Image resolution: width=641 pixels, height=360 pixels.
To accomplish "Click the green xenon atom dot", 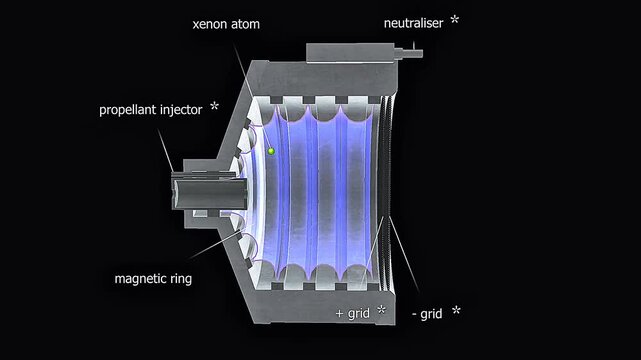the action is (270, 151).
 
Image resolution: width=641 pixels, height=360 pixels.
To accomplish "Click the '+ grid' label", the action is (354, 313).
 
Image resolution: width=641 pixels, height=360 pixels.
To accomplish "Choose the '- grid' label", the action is (425, 313).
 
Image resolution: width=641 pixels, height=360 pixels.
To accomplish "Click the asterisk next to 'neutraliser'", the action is (455, 20).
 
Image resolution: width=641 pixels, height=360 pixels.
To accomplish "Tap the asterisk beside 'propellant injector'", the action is (214, 105).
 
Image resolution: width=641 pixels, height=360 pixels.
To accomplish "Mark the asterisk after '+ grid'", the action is (382, 312).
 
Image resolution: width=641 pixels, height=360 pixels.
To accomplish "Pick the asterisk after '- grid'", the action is (456, 311).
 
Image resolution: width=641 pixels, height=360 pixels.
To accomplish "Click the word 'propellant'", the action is (127, 108).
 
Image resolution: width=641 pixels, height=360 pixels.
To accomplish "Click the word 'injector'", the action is (179, 107).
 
